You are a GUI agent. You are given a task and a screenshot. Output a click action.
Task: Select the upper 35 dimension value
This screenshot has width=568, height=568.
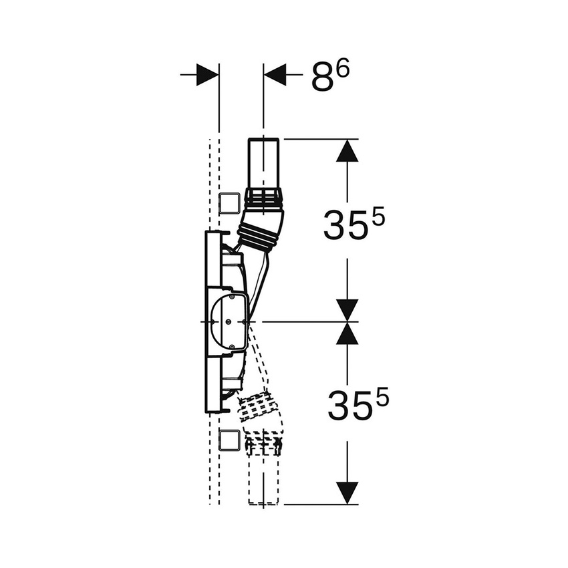click(x=344, y=225)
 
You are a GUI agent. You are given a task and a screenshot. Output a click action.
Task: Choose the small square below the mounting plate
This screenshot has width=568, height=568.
click(x=229, y=440)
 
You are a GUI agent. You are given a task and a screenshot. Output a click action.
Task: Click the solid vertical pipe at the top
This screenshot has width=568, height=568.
click(x=264, y=164)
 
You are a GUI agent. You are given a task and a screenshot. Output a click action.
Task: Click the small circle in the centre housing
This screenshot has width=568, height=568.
click(x=229, y=321)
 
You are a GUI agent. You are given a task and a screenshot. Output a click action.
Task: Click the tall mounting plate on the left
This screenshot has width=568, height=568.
click(x=212, y=321)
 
